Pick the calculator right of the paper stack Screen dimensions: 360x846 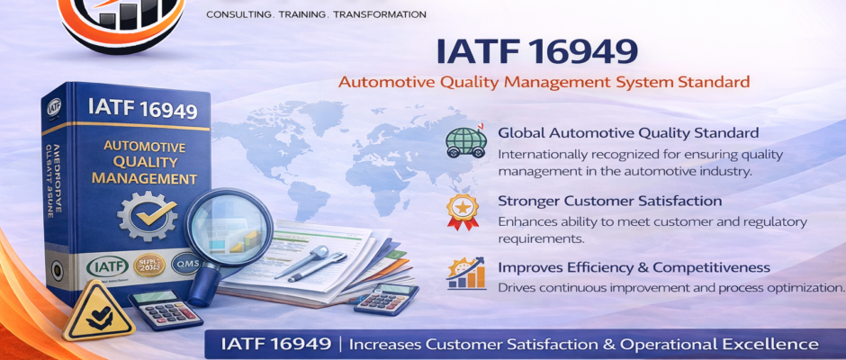pyautogui.click(x=387, y=297)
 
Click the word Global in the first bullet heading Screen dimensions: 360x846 pyautogui.click(x=523, y=133)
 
